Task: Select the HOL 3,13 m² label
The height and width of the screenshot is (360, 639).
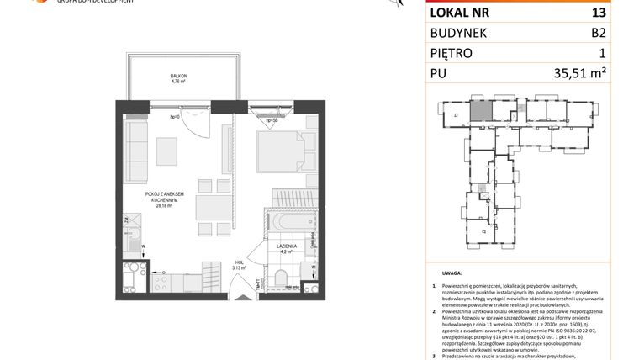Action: (x=239, y=265)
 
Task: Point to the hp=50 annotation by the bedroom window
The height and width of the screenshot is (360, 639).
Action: (x=272, y=120)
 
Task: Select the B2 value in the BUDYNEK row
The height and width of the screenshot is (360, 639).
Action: (x=598, y=33)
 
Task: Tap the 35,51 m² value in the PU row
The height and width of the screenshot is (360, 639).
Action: (x=580, y=73)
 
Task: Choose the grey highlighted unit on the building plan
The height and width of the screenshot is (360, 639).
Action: (x=478, y=109)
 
